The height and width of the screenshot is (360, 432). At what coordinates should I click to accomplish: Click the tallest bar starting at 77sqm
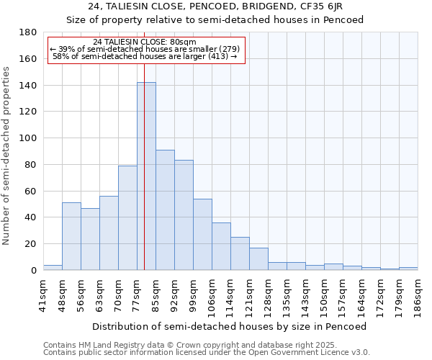146,176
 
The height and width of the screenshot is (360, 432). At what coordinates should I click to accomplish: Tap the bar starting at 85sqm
165,210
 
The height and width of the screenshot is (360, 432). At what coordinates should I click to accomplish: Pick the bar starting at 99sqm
202,234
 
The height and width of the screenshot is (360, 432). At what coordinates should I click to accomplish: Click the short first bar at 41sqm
53,267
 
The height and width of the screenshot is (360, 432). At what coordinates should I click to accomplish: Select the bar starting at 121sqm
258,258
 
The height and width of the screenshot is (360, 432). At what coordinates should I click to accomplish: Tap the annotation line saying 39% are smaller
145,49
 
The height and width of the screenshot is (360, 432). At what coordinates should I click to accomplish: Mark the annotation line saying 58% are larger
145,56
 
